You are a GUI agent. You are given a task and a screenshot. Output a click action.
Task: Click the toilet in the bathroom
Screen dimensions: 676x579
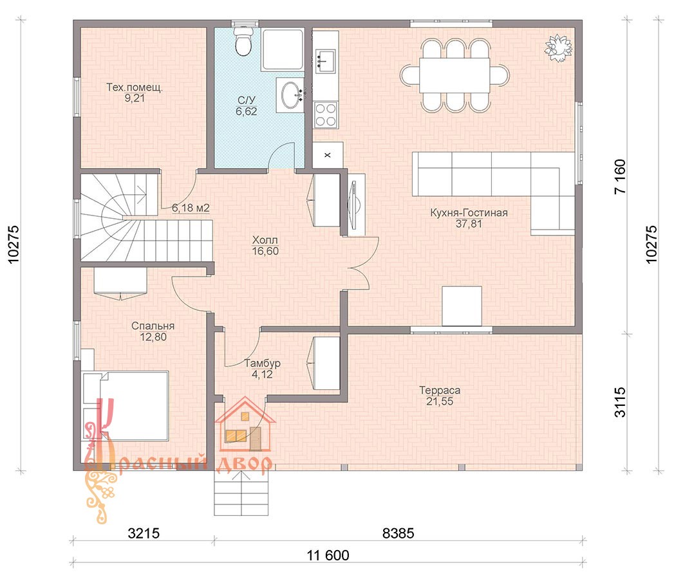click(x=243, y=41)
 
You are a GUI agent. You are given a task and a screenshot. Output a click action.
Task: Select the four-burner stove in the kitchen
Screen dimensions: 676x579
click(x=326, y=115)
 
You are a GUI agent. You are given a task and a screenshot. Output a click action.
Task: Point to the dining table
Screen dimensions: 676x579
click(x=455, y=75)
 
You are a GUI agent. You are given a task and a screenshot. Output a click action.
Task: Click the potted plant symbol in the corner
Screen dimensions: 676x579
click(x=559, y=48)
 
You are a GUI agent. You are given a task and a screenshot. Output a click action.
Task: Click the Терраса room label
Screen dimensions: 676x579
click(x=440, y=391)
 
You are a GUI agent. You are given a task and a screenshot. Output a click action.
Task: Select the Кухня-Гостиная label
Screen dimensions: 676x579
click(x=469, y=212)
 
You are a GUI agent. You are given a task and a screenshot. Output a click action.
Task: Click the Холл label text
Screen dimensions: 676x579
click(x=265, y=240)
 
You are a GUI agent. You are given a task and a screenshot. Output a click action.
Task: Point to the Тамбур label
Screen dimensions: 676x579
click(x=262, y=363)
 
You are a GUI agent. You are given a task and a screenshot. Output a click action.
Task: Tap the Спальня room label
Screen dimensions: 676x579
click(x=153, y=326)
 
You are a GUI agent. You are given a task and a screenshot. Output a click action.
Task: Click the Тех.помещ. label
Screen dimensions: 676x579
click(x=135, y=87)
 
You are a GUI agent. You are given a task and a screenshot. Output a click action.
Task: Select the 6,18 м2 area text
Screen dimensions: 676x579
click(x=191, y=208)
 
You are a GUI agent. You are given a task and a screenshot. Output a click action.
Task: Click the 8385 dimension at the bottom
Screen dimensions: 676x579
click(x=399, y=533)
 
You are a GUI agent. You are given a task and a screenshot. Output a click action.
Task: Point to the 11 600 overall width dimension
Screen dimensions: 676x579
click(x=328, y=555)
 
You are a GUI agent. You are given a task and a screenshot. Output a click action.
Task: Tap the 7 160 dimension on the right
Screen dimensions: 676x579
click(x=619, y=177)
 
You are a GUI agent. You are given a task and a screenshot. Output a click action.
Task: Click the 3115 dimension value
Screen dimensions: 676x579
click(x=619, y=402)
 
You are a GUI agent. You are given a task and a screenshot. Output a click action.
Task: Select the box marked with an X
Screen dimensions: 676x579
click(x=328, y=155)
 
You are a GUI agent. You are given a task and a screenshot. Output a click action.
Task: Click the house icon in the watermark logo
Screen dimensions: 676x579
click(x=245, y=425)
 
